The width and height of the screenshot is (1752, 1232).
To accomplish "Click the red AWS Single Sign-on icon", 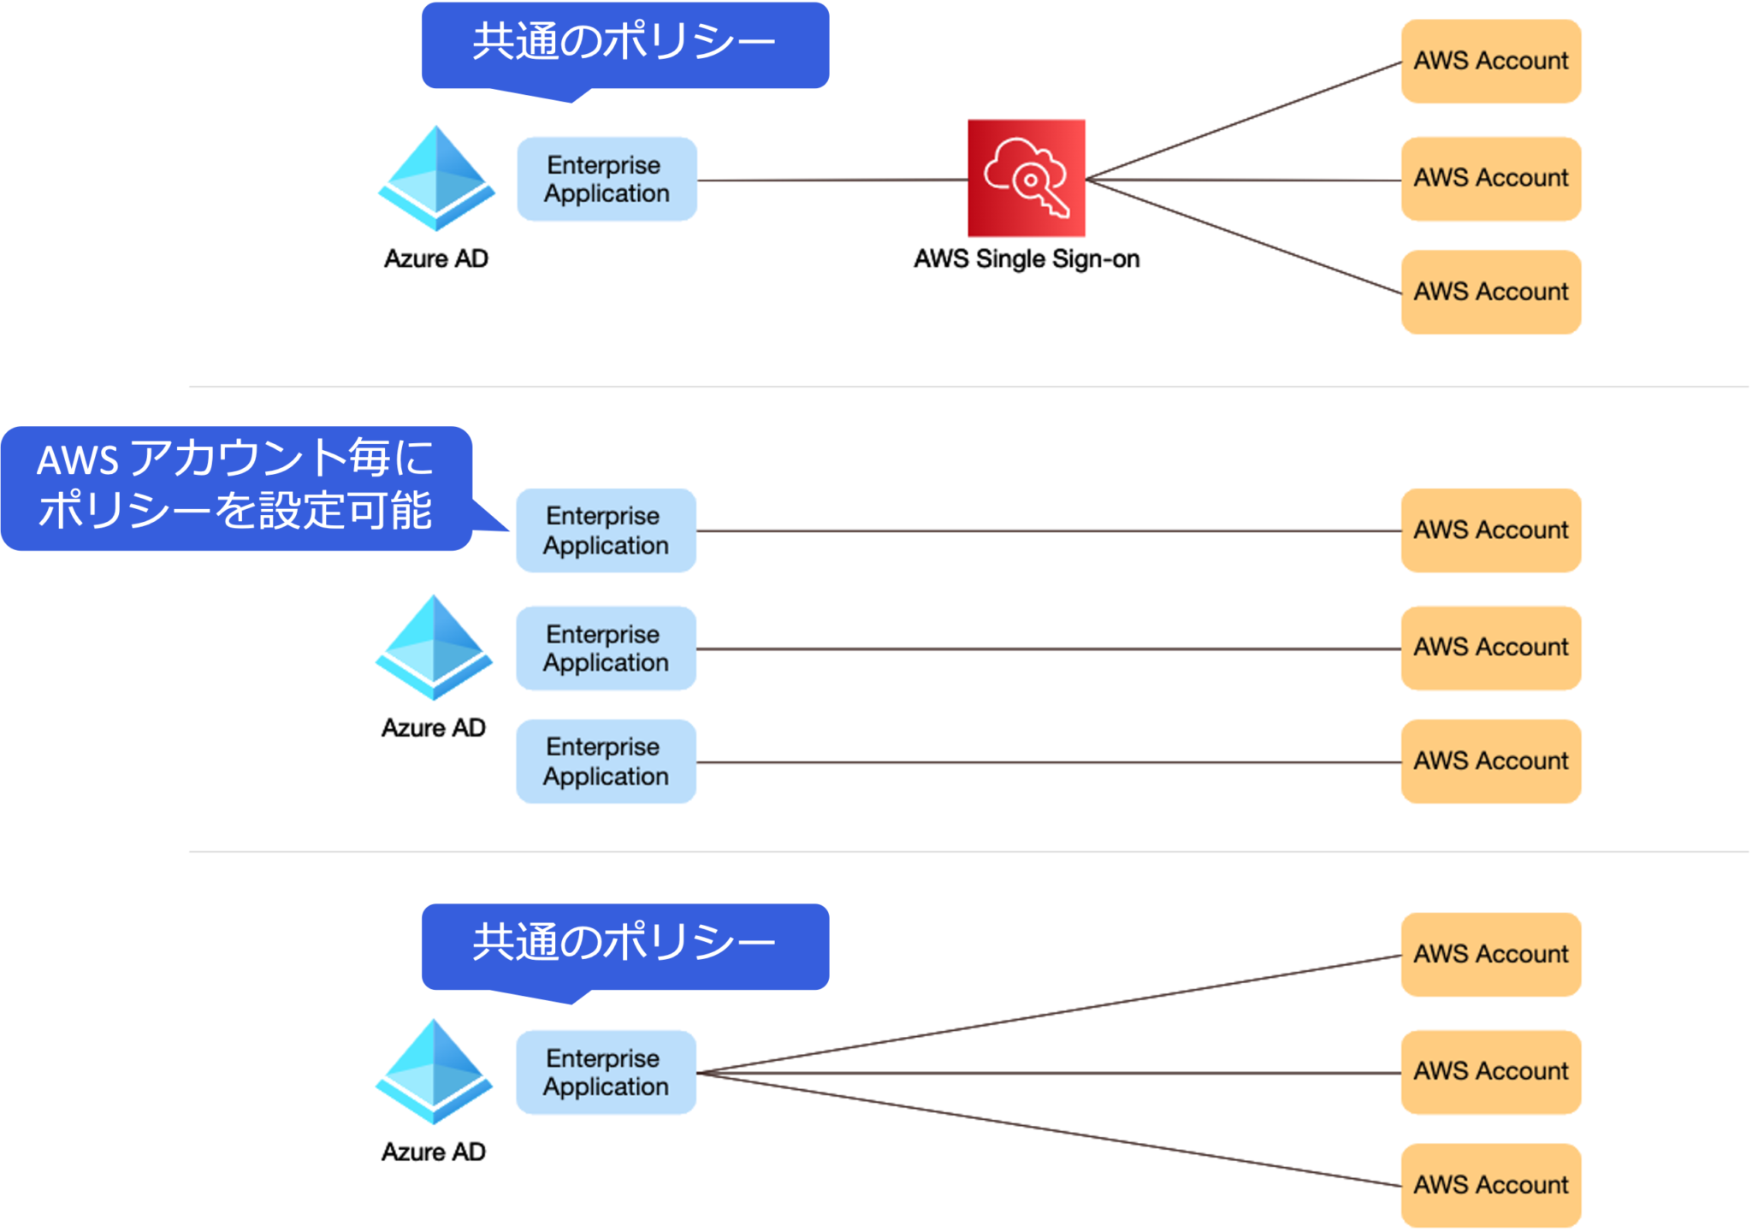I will (1026, 178).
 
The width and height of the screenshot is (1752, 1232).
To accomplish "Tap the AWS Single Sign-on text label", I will (1026, 258).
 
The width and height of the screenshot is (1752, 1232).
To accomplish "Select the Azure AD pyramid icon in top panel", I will (436, 179).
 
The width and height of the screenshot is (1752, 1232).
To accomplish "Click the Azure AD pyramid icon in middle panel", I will (434, 648).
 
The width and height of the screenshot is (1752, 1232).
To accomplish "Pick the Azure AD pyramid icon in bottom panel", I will (434, 1071).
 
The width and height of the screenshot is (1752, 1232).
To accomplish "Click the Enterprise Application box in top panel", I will (607, 179).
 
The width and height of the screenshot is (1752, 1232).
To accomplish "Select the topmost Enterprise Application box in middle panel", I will (606, 530).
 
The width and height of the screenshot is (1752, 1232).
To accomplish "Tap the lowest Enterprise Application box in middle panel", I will (606, 761).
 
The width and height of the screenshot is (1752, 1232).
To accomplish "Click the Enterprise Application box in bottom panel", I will (606, 1072).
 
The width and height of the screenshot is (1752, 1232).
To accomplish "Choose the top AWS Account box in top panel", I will (1490, 61).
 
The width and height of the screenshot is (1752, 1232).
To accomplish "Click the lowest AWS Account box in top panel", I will (1490, 292).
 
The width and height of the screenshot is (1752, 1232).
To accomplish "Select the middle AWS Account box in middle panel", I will (1490, 648).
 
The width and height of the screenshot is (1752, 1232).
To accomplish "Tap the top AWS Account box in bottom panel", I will (1490, 954).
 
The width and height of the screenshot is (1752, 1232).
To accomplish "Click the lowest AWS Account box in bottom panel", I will (1490, 1185).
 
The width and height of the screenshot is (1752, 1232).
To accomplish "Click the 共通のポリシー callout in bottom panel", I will (624, 945).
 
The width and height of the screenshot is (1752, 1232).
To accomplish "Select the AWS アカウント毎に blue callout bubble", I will (235, 488).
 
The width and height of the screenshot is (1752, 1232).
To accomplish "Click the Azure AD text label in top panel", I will (435, 258).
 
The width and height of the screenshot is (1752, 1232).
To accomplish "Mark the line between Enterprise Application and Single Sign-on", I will (830, 180).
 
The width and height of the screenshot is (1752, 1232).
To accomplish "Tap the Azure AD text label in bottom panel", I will (433, 1152).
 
